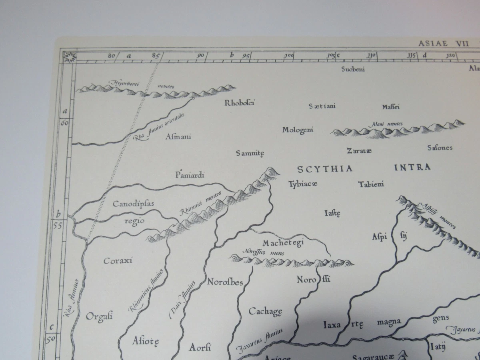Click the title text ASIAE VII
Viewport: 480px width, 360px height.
pos(443,44)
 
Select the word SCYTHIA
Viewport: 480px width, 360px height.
pos(325,169)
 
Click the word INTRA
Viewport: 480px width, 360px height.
pos(412,167)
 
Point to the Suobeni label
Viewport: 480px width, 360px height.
pos(353,69)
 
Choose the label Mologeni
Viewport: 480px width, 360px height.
pos(298,130)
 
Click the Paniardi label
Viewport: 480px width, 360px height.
pos(190,175)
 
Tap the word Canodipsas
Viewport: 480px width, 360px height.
pos(133,204)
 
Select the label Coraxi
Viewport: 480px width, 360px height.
pos(118,261)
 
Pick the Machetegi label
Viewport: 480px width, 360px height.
pos(284,242)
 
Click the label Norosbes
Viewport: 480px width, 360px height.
pos(225,282)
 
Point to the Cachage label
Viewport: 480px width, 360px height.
pos(266,311)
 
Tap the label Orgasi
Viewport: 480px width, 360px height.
pos(99,316)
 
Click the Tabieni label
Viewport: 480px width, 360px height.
pos(371,184)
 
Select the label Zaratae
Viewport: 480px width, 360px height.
pos(359,151)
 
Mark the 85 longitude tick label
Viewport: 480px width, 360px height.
pos(155,56)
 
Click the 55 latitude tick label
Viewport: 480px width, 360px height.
pos(57,225)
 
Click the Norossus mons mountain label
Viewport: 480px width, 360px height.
pos(262,252)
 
